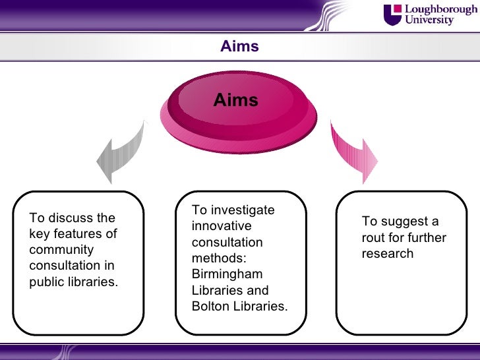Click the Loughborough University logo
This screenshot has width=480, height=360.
[430, 15]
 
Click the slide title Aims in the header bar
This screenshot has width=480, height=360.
[239, 47]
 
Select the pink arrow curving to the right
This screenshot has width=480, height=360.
[353, 151]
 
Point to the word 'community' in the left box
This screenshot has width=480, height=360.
[62, 250]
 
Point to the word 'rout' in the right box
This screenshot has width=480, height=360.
[373, 237]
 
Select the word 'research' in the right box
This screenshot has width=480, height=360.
[387, 254]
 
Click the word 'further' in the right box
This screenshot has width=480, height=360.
[427, 237]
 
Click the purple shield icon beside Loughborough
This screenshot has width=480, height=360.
[392, 15]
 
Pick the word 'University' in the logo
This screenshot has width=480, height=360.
[429, 20]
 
